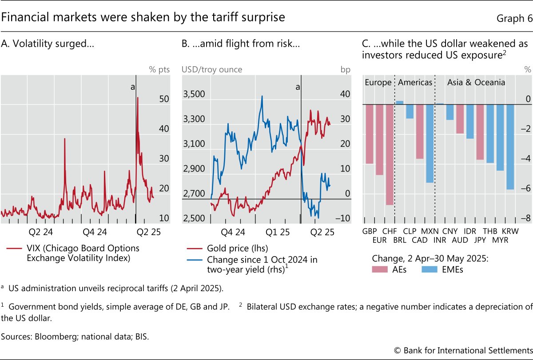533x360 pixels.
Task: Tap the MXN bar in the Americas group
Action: pos(430,144)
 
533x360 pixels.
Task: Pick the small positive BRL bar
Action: pos(400,103)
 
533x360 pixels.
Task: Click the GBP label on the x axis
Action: pos(369,232)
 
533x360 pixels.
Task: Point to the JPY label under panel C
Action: pos(480,240)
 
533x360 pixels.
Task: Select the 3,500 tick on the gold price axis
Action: pos(195,94)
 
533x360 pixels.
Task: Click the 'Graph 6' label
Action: pos(513,18)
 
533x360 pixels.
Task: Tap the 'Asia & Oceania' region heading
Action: pos(476,83)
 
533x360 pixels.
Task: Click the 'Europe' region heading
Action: pos(378,83)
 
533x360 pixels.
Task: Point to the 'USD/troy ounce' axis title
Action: pos(212,69)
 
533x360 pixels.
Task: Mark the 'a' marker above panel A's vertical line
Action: pos(132,87)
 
